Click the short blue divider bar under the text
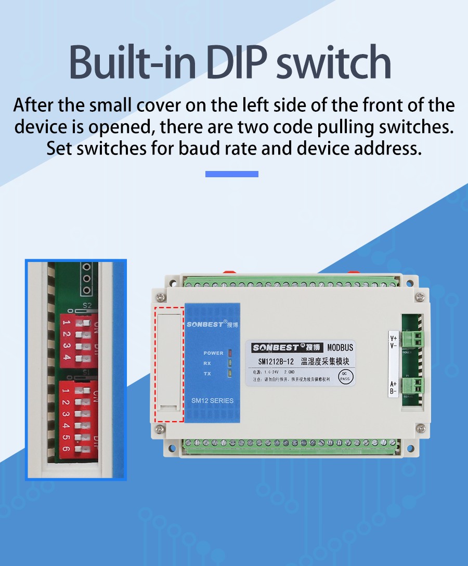pyautogui.click(x=232, y=174)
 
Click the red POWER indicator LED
pyautogui.click(x=229, y=353)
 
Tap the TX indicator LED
pyautogui.click(x=229, y=374)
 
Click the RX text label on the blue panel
pyautogui.click(x=207, y=363)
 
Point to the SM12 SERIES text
pyautogui.click(x=212, y=401)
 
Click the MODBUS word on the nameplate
pyautogui.click(x=340, y=348)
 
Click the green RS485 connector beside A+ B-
pyautogui.click(x=414, y=386)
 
